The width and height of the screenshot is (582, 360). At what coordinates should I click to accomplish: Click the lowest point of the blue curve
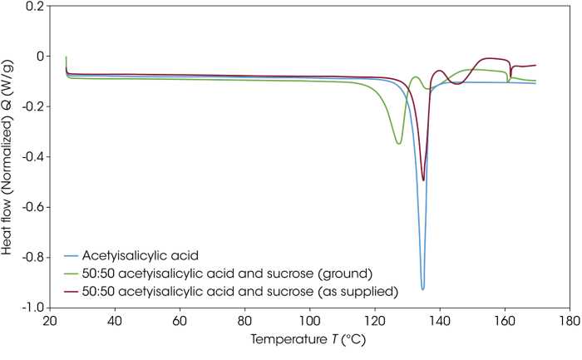423,288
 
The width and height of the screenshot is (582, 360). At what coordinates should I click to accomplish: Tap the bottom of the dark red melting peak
423,180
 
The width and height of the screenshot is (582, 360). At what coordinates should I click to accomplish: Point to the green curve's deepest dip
399,144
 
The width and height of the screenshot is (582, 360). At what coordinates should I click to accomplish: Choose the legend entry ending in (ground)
208,273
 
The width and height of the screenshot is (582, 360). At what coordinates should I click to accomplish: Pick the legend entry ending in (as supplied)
218,291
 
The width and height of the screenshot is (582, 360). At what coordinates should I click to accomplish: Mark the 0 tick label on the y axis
38,57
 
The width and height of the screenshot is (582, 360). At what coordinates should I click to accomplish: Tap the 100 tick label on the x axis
309,321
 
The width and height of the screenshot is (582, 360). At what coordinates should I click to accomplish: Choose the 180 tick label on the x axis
569,321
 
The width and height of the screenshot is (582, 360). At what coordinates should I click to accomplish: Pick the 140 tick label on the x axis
439,321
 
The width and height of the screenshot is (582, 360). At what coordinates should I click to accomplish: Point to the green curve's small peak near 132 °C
415,77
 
